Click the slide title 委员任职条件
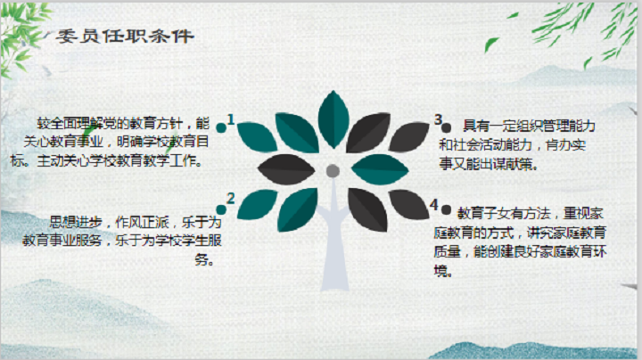tap(125, 37)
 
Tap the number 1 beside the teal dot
tap(231, 119)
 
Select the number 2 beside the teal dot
tap(231, 199)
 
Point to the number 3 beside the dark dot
tap(439, 119)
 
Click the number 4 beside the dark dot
tap(434, 204)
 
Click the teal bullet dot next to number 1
tap(221, 128)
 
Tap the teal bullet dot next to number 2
tap(221, 210)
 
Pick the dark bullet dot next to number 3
tap(447, 127)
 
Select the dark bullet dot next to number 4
tap(447, 210)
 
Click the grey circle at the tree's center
tap(333, 171)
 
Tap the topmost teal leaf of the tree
tap(333, 119)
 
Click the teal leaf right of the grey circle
tap(380, 169)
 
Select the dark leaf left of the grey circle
tap(286, 169)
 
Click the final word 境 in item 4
tap(440, 271)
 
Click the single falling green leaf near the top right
tap(491, 45)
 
